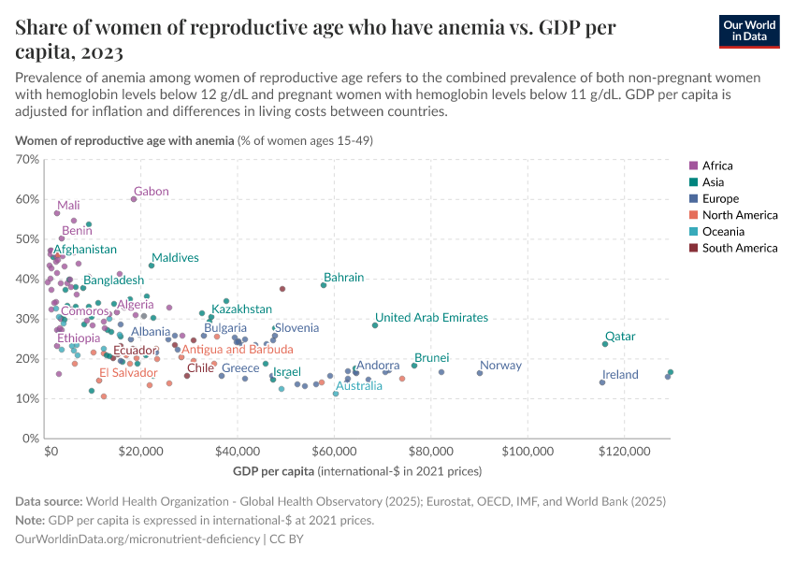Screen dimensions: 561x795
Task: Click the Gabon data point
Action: [134, 199]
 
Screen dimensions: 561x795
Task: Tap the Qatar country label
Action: [620, 337]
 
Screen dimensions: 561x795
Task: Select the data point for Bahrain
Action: [324, 284]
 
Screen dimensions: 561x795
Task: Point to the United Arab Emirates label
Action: [431, 318]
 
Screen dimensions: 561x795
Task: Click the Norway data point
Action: [480, 373]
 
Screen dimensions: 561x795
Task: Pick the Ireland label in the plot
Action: [620, 375]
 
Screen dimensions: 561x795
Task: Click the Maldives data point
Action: [152, 266]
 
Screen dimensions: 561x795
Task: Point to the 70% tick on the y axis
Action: [29, 160]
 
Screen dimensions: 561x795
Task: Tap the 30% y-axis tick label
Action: [29, 319]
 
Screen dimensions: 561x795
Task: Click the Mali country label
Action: [68, 206]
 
